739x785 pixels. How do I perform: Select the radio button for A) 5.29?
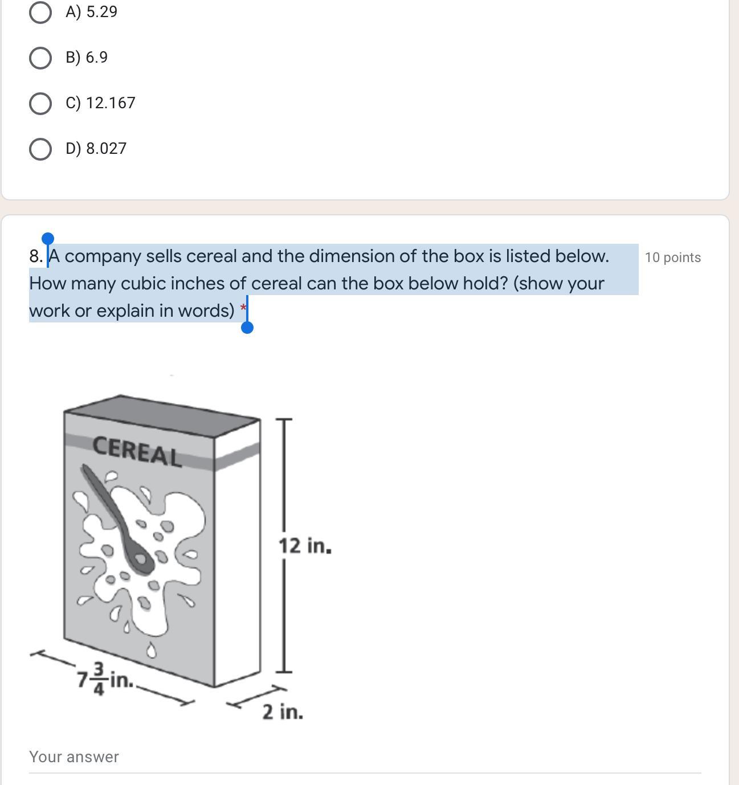pos(40,13)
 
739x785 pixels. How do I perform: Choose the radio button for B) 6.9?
pos(40,58)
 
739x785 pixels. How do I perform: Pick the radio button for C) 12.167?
pos(40,104)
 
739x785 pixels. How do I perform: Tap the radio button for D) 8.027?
pos(40,149)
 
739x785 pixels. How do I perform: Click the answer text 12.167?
pos(111,103)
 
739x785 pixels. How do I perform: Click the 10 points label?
pos(672,257)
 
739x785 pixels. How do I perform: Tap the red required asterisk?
pos(243,306)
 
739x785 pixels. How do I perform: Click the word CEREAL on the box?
pos(137,451)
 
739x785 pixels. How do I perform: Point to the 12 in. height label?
pos(305,546)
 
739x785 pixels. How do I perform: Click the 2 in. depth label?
pos(283,712)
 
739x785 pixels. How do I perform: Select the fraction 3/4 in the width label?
pos(99,678)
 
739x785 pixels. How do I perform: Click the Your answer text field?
pos(365,757)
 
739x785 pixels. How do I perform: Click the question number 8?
pos(36,256)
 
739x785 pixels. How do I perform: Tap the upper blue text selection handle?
pos(48,239)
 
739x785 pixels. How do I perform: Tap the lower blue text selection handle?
pos(247,328)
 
